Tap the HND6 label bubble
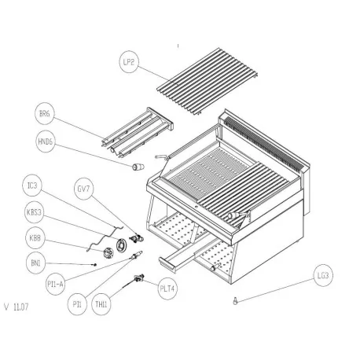(x=45, y=144)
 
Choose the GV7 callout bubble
(x=83, y=189)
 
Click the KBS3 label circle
(x=34, y=212)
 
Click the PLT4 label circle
(x=167, y=287)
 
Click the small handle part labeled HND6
(x=138, y=167)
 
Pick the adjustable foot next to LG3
(x=233, y=300)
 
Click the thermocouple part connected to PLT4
(x=141, y=276)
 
